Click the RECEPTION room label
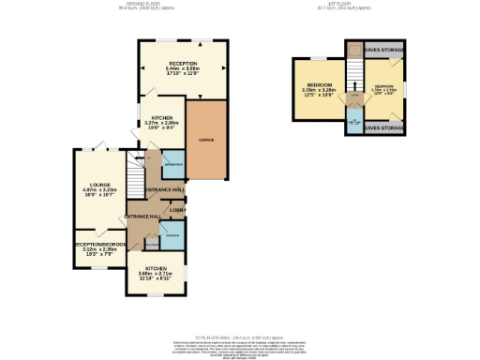click(183, 63)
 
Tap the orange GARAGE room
click(206, 140)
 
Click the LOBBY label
click(177, 209)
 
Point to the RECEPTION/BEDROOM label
click(100, 245)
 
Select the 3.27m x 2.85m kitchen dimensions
click(161, 125)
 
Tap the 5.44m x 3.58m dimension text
click(183, 71)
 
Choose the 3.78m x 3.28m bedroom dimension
click(318, 92)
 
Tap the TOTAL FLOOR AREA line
click(240, 336)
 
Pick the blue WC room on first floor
click(354, 123)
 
